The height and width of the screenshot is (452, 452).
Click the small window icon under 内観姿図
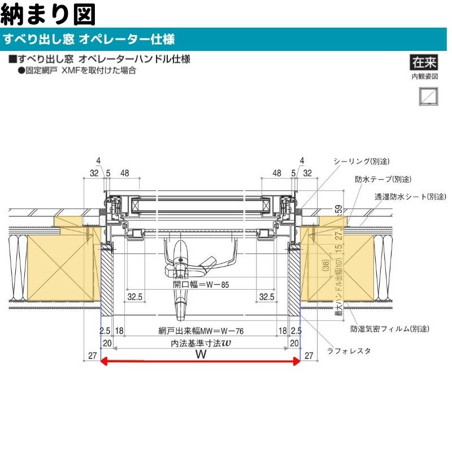point(424,95)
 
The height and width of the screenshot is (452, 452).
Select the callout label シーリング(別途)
point(362,162)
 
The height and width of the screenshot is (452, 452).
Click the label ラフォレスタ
point(349,350)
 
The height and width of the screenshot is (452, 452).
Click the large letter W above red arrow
point(200,355)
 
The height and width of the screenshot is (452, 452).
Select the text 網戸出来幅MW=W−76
point(199,331)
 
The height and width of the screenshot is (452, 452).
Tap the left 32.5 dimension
point(134,296)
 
